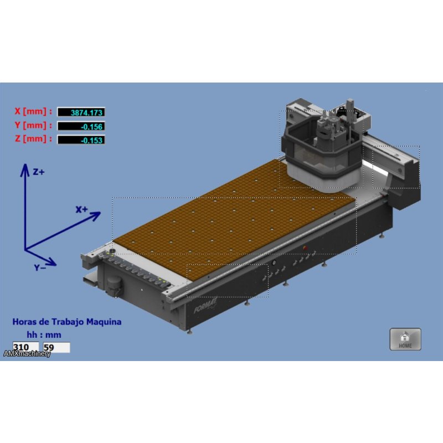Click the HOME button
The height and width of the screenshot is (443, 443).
tap(405, 339)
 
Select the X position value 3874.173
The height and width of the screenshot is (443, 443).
tap(81, 112)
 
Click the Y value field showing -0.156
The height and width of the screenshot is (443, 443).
tap(81, 126)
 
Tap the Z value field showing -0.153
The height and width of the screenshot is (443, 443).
tap(81, 140)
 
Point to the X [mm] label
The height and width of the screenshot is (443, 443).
tap(33, 111)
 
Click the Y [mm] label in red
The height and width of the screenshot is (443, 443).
tap(33, 125)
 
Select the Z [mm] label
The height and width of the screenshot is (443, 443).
tap(33, 139)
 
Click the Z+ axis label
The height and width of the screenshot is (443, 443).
tap(39, 172)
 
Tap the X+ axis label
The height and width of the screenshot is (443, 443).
tap(81, 209)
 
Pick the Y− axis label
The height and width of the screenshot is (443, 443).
tap(40, 267)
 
